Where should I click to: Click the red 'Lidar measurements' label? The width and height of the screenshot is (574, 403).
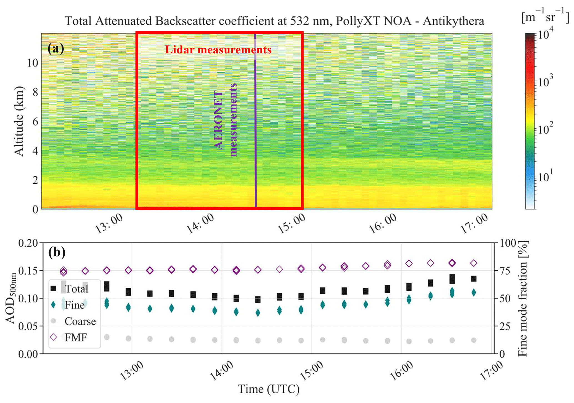tap(218, 50)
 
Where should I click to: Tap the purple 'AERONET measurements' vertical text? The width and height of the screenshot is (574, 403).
tap(226, 120)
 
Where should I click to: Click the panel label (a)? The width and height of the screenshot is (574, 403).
tap(56, 49)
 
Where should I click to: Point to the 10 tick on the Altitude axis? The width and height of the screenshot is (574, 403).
tap(32, 63)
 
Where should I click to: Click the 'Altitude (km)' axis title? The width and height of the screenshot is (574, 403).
tap(19, 121)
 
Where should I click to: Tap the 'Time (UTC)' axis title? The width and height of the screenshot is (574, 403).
tap(269, 389)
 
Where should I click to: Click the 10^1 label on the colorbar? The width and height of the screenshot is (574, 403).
tap(545, 176)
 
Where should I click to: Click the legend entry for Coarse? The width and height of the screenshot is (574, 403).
tap(80, 322)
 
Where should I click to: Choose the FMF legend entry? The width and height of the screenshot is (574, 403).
tap(76, 338)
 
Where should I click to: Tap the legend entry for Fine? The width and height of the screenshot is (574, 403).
tap(74, 305)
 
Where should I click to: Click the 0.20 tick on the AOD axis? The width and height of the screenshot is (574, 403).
tap(28, 243)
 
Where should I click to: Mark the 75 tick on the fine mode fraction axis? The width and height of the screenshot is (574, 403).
tap(505, 271)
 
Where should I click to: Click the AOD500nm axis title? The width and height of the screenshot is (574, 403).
tap(11, 298)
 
